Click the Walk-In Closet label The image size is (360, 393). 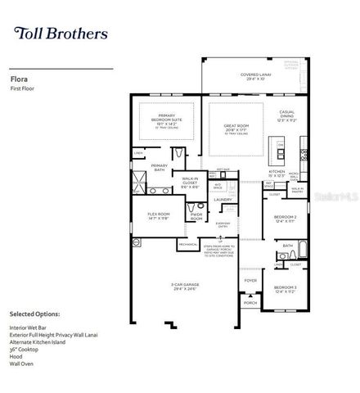click(x=190, y=183)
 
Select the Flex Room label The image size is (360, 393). click(x=158, y=216)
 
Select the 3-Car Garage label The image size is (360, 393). click(x=185, y=286)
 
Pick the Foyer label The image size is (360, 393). click(x=250, y=280)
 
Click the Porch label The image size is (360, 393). click(x=250, y=303)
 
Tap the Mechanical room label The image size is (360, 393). click(x=188, y=244)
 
